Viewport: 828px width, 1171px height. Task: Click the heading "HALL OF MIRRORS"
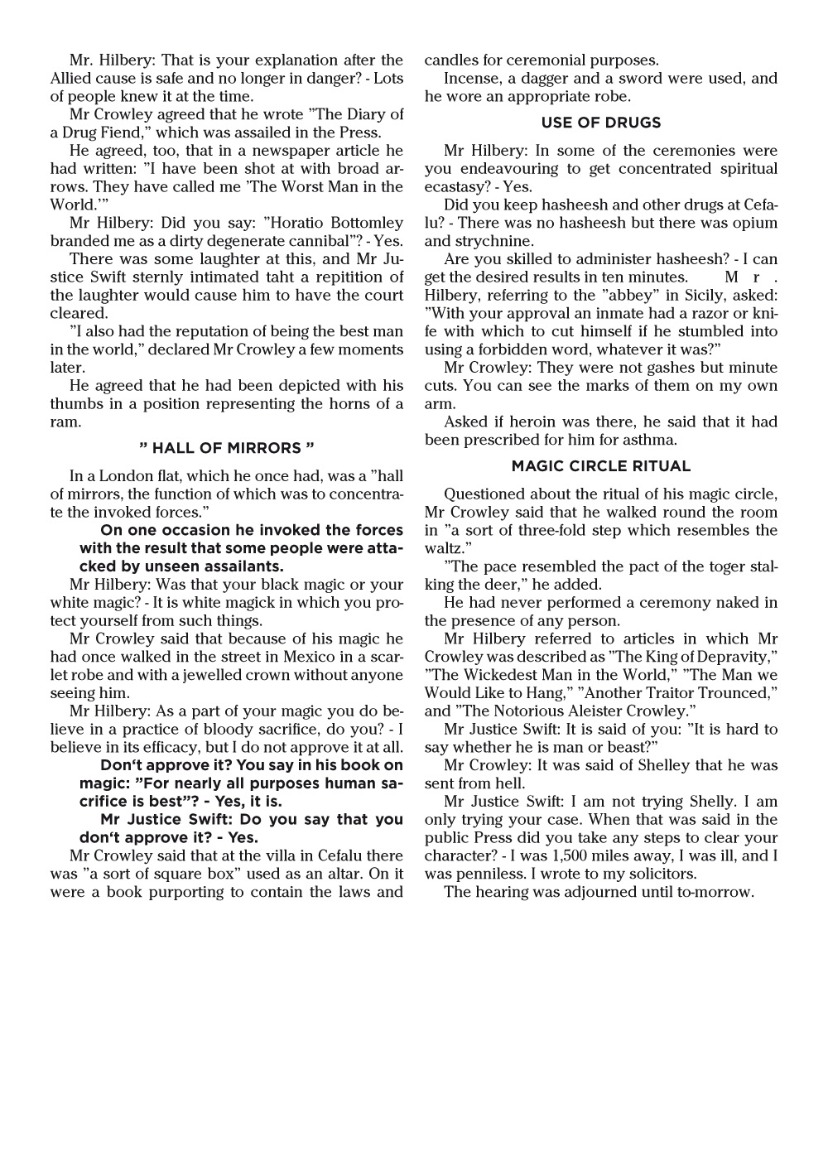click(x=227, y=448)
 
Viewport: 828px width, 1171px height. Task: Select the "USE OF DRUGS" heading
click(x=601, y=123)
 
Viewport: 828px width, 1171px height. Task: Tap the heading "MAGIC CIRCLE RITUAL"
click(x=601, y=466)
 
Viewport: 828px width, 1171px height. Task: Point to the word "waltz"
click(x=442, y=548)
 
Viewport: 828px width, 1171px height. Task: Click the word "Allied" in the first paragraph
click(x=74, y=79)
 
